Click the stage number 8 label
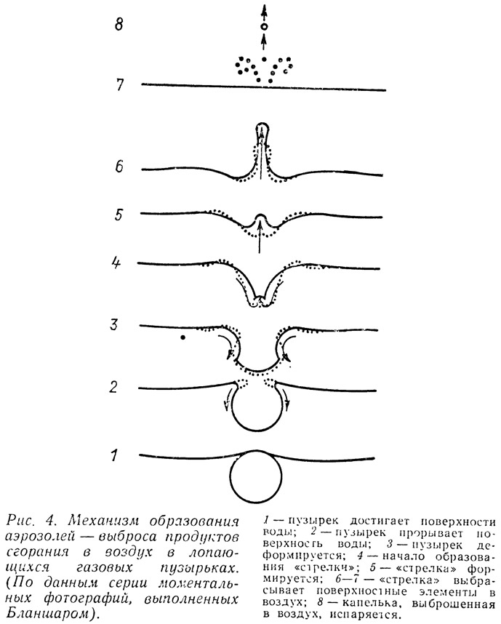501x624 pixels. (x=119, y=25)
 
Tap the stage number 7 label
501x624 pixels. (x=120, y=85)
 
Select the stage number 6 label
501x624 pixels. (x=119, y=166)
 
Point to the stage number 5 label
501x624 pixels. (x=119, y=215)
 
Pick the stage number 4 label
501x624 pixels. (x=116, y=263)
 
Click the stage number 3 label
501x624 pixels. (x=114, y=325)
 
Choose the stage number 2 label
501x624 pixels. (x=114, y=387)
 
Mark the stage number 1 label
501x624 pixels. (x=114, y=455)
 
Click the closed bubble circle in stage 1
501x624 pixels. (x=231, y=477)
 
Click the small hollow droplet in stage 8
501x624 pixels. (x=263, y=27)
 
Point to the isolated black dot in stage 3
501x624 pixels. (x=183, y=337)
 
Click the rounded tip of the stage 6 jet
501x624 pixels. (x=262, y=124)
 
